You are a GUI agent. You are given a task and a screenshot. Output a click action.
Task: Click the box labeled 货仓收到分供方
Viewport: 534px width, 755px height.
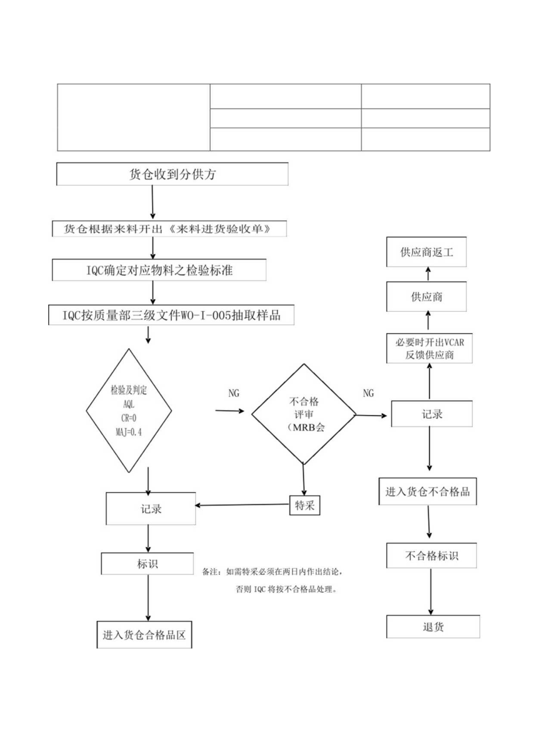(172, 175)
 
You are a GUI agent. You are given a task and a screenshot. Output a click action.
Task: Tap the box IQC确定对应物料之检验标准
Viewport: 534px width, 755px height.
(160, 270)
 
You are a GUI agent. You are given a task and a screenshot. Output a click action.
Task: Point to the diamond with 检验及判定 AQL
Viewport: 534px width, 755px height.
(129, 411)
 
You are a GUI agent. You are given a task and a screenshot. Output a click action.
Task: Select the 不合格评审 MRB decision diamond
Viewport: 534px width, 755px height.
(304, 414)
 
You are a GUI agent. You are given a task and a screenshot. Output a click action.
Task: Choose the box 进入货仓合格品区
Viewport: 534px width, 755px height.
(144, 635)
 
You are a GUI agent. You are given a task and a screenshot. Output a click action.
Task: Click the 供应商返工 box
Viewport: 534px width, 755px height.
(427, 253)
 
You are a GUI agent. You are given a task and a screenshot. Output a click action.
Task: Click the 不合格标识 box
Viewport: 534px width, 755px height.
(431, 555)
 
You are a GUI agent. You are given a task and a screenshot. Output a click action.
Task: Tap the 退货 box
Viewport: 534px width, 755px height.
(433, 627)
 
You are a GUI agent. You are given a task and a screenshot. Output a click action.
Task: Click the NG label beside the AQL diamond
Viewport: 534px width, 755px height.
(234, 393)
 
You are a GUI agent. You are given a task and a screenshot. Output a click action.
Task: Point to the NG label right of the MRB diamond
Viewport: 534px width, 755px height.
(368, 393)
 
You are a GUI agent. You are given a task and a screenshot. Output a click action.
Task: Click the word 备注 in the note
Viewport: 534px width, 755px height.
(210, 572)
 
